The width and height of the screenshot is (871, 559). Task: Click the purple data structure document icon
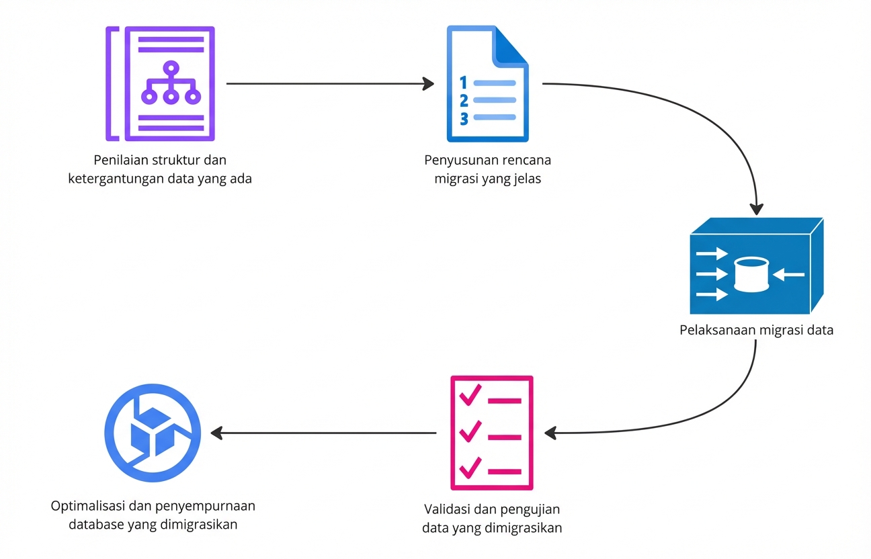[161, 83]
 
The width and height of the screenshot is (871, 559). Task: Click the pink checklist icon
[491, 433]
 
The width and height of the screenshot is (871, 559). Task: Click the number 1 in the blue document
[462, 83]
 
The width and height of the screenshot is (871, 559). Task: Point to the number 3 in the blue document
[464, 118]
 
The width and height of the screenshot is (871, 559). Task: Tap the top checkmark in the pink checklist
[469, 396]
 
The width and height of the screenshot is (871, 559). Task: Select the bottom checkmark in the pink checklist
[469, 467]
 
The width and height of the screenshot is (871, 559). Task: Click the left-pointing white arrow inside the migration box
[789, 274]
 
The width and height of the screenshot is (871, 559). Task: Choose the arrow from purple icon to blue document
[329, 84]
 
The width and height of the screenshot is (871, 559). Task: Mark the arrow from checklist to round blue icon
[323, 433]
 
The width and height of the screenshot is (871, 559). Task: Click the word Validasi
[449, 509]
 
